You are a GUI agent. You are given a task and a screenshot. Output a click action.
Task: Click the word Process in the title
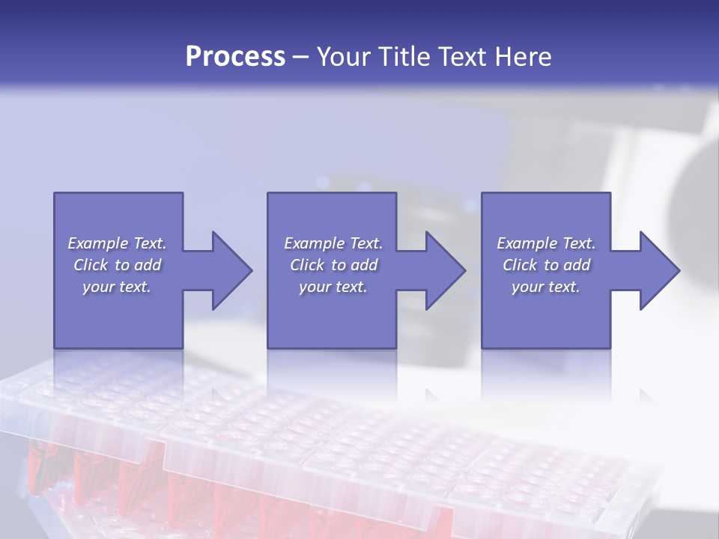tap(235, 57)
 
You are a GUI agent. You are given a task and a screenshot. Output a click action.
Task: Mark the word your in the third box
tap(527, 287)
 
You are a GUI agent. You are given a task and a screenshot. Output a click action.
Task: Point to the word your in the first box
tap(98, 287)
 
